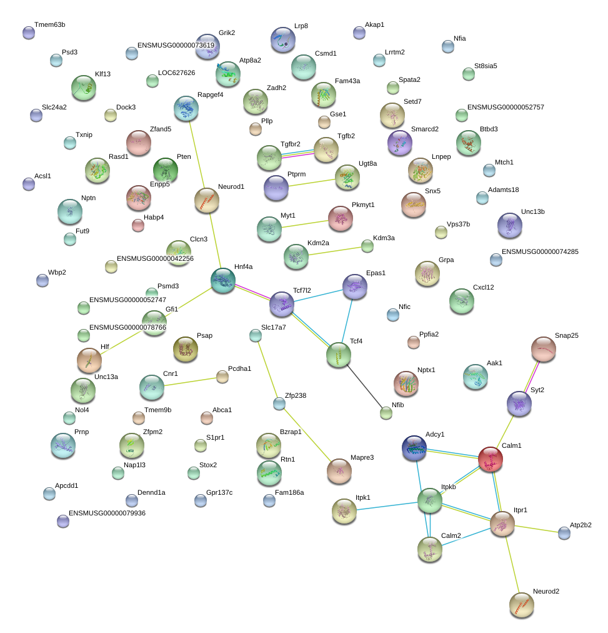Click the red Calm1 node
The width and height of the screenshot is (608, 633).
coord(491,459)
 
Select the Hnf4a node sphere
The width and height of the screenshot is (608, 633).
coord(223,280)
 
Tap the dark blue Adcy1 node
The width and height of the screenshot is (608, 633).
coord(414,448)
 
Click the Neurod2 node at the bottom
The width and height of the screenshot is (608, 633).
coord(522,605)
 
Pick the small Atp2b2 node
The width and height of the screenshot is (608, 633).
coord(564,533)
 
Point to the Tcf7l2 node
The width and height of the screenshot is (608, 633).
coord(281,304)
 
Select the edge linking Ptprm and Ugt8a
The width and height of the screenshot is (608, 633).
coord(312,183)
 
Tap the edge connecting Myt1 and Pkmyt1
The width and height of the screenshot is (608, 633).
coord(305,224)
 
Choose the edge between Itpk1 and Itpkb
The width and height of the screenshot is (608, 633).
coord(387,506)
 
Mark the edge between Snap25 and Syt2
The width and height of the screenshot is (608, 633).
coord(532,377)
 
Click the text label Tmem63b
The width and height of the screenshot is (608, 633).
coord(49,24)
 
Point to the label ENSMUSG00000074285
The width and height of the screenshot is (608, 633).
coord(540,251)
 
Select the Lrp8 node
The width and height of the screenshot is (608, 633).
coord(283,39)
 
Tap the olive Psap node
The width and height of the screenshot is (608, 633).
coord(186,349)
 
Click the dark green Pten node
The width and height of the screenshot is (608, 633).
coord(166,170)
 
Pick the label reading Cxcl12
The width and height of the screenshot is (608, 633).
coord(484,288)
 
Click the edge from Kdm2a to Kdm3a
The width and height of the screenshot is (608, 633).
coord(335,251)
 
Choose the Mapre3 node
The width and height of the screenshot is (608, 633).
coord(339,471)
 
